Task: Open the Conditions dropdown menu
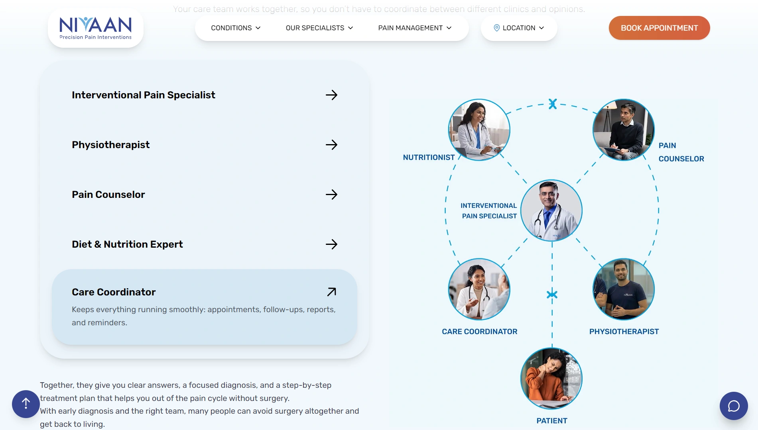pos(235,28)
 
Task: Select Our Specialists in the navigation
pos(319,28)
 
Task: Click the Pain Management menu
pos(415,28)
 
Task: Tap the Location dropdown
pos(519,28)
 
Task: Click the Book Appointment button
pos(659,28)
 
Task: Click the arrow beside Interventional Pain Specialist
pos(331,95)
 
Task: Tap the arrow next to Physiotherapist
pos(331,145)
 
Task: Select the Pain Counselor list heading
pos(108,195)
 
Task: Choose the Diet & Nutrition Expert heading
pos(127,244)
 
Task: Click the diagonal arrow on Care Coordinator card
pos(331,292)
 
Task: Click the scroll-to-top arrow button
pos(26,404)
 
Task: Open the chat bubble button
pos(733,406)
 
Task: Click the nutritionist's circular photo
pos(479,130)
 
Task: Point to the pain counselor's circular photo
pos(623,130)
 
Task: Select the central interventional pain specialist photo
pos(551,210)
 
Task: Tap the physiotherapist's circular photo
pos(623,289)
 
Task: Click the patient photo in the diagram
pos(551,378)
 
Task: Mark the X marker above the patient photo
pos(552,295)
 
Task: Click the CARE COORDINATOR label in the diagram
pos(479,332)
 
